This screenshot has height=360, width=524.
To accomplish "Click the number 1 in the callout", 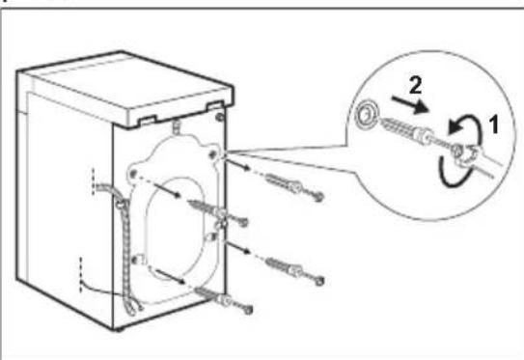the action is [493, 124].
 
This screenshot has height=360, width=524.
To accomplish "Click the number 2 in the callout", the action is [415, 85].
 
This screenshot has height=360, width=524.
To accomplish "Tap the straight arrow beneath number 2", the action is [410, 104].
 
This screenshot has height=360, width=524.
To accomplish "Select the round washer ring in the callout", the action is [366, 115].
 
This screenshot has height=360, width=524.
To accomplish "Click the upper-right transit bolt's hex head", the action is [318, 197].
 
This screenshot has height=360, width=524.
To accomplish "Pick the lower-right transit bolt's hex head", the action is [319, 281].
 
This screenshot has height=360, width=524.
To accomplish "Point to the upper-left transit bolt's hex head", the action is [243, 222].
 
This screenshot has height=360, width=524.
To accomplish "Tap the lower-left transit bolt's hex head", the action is [248, 310].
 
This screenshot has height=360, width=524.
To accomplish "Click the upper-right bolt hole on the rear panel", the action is [212, 153].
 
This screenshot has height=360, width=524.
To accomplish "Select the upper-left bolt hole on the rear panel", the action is [133, 174].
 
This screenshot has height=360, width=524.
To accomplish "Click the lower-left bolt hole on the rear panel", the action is [136, 259].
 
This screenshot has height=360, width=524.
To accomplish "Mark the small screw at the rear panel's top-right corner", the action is [220, 117].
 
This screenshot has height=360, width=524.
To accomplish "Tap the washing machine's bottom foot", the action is [117, 330].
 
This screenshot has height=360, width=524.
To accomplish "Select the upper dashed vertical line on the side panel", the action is [93, 181].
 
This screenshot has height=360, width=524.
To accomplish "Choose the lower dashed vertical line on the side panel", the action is [80, 274].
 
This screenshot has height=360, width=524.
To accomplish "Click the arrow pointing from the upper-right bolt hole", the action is [238, 164].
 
